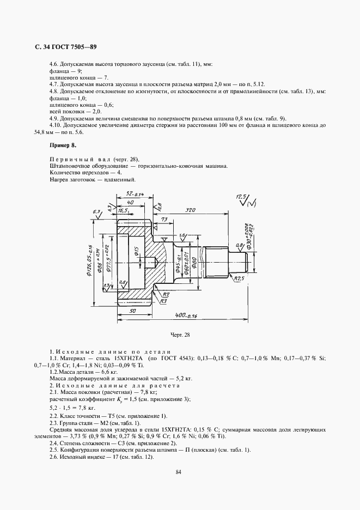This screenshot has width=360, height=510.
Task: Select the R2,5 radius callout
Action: point(238,278)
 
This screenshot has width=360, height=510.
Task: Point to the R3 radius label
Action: point(162,299)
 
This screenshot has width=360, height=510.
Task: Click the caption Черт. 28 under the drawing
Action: point(180,335)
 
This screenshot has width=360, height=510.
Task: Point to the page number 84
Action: point(179,472)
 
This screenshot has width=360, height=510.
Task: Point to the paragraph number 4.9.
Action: point(53,119)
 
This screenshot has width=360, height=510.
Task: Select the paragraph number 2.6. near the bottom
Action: point(54,457)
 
